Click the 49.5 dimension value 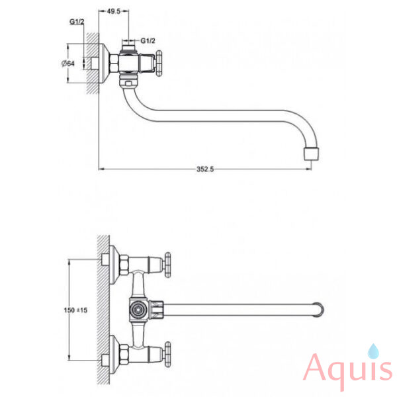tap(114, 11)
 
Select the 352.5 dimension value tap(205, 169)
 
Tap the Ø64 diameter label tap(68, 64)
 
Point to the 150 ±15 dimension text tap(75, 310)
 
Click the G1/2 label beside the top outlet tap(148, 40)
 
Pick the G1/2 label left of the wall tap(77, 22)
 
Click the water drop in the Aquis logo tap(373, 351)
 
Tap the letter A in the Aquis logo tap(318, 367)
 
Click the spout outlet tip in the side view tap(311, 154)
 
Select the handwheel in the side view tap(159, 64)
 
